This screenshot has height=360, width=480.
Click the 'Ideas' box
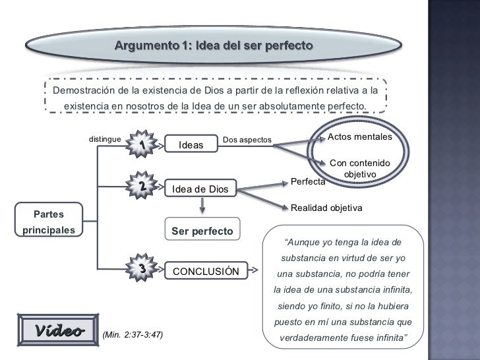[x=191, y=145]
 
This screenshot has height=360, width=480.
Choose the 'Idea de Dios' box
[x=200, y=190]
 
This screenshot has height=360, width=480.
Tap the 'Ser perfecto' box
[x=202, y=231]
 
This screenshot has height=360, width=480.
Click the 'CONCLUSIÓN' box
[x=206, y=271]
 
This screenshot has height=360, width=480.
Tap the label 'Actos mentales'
[x=359, y=136]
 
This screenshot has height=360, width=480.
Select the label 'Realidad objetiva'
[x=327, y=208]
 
